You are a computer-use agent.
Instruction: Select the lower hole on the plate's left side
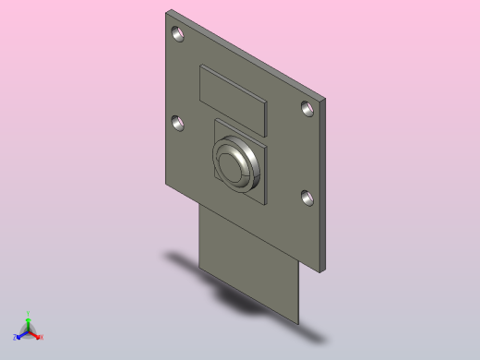pos(176,122)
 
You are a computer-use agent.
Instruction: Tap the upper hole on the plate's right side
pos(307,108)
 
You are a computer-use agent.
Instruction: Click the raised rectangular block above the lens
pos(233,99)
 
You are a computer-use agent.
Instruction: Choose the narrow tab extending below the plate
pos(249,268)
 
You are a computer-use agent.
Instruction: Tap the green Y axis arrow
pos(29,322)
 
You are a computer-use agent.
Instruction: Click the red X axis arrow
pos(36,335)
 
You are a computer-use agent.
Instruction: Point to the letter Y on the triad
pos(29,314)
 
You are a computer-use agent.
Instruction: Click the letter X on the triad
pos(42,338)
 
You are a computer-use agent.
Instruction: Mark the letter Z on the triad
pos(16,338)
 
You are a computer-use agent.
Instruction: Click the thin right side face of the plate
pos(326,185)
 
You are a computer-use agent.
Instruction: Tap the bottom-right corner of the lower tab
pos(299,323)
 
